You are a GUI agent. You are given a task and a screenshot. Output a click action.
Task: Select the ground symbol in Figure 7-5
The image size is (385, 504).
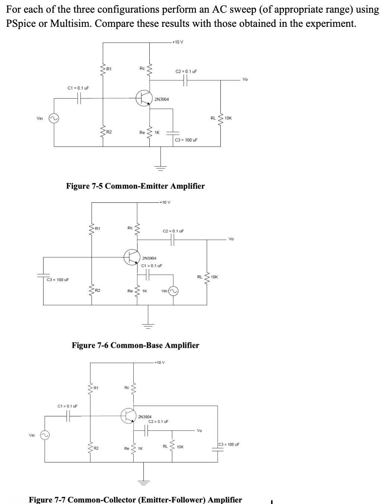(161, 167)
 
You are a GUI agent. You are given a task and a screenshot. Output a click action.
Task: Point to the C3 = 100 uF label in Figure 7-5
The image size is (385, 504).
(186, 140)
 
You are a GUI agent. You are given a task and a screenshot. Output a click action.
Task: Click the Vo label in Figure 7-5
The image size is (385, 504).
(245, 79)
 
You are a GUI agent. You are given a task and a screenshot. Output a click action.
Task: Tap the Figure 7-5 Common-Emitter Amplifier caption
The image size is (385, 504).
(135, 186)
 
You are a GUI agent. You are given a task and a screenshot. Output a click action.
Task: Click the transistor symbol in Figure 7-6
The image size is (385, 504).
(132, 257)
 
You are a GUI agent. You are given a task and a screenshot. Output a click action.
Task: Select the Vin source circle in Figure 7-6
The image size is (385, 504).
(173, 291)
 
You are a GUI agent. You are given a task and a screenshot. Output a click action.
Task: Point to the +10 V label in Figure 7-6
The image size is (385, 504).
(165, 202)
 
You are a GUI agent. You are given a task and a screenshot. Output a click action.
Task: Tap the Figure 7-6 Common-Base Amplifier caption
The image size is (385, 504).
(135, 345)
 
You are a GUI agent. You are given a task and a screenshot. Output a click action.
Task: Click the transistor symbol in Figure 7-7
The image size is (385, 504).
(128, 416)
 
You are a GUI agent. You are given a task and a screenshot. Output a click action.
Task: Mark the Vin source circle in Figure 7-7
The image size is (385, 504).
(45, 435)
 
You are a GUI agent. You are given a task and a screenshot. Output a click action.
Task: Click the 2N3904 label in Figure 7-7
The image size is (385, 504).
(145, 417)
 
